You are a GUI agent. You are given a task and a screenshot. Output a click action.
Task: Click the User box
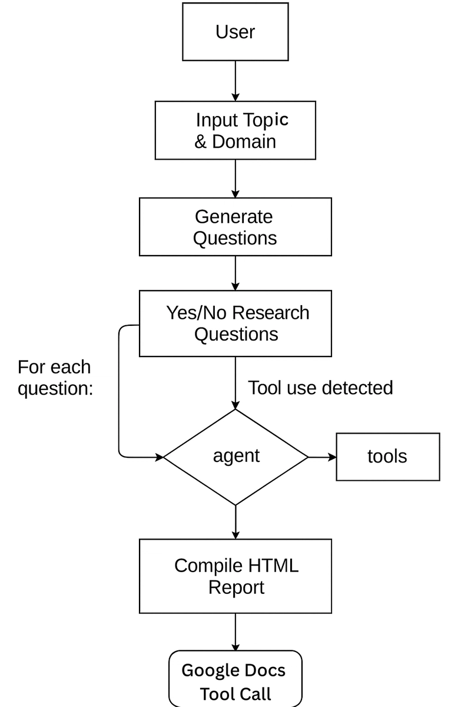(235, 32)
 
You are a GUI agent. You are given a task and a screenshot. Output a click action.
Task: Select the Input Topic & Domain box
(235, 130)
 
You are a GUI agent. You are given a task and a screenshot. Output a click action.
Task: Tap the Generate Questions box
(235, 227)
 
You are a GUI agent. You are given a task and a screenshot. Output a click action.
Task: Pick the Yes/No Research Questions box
(235, 323)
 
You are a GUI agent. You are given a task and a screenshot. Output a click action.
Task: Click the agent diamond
(235, 457)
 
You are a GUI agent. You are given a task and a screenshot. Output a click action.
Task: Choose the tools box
(388, 457)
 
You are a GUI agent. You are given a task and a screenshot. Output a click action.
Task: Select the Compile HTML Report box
(235, 576)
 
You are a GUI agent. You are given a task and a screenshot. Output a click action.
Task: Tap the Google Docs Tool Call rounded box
(235, 679)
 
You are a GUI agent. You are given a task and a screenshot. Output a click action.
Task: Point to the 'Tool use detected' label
(320, 388)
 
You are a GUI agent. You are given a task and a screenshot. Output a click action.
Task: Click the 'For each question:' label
(55, 378)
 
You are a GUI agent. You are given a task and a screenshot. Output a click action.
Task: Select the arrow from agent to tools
(322, 457)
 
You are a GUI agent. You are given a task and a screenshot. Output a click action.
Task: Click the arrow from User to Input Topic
(235, 81)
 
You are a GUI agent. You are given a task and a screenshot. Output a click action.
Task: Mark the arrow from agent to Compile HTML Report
(235, 522)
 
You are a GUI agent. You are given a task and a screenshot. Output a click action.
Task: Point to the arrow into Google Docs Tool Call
(235, 632)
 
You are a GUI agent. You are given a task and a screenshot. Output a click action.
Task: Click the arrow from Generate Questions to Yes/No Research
(235, 273)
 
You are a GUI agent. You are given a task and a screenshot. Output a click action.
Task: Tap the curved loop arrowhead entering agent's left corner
(160, 457)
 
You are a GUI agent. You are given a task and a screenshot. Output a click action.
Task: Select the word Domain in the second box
(244, 141)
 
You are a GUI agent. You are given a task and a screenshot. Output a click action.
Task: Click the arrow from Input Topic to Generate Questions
(235, 179)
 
